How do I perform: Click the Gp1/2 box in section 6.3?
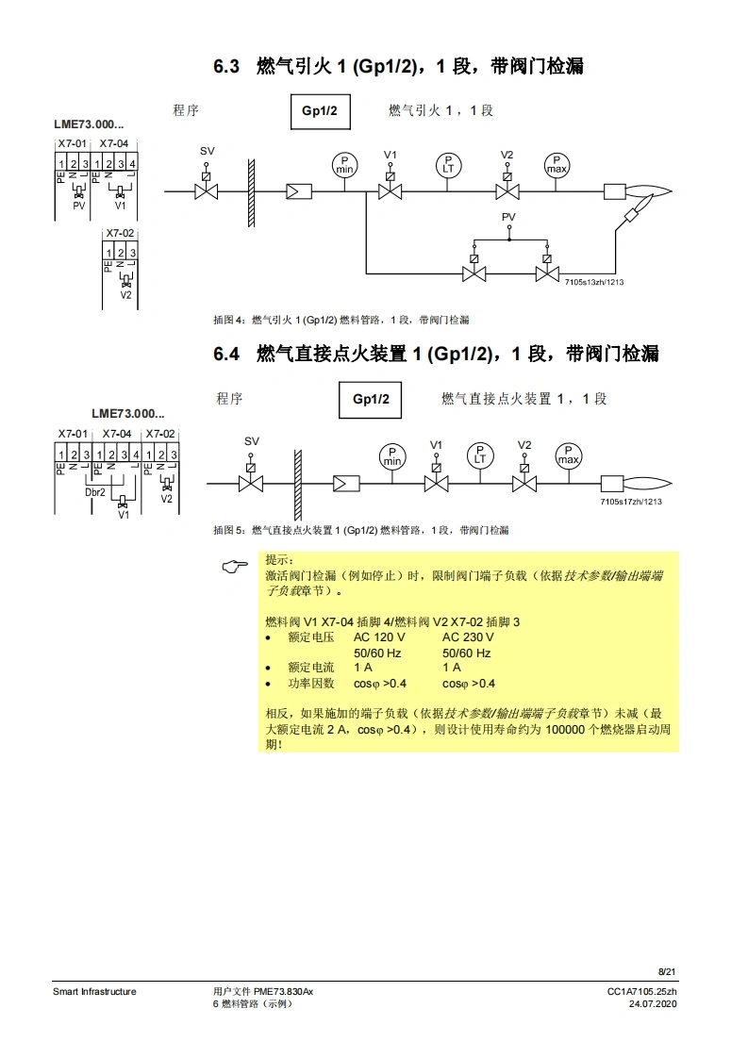pyautogui.click(x=319, y=111)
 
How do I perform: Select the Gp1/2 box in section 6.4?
pyautogui.click(x=370, y=399)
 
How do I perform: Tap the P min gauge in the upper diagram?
pyautogui.click(x=345, y=164)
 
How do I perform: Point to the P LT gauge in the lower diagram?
pyautogui.click(x=480, y=455)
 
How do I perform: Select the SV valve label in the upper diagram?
pyautogui.click(x=207, y=152)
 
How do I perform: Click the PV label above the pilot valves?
pyautogui.click(x=508, y=217)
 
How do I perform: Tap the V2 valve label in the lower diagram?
pyautogui.click(x=524, y=444)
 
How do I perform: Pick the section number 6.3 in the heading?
pyautogui.click(x=227, y=66)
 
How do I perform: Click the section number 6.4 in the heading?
pyautogui.click(x=227, y=354)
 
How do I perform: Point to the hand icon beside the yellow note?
pyautogui.click(x=235, y=566)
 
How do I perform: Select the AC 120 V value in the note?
pyautogui.click(x=380, y=637)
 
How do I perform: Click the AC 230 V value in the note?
pyautogui.click(x=469, y=637)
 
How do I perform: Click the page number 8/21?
pyautogui.click(x=667, y=971)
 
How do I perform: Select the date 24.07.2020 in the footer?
pyautogui.click(x=652, y=1003)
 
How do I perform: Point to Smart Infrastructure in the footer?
pyautogui.click(x=94, y=991)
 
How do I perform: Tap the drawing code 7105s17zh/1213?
pyautogui.click(x=630, y=502)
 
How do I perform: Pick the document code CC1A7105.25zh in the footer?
pyautogui.click(x=641, y=991)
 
